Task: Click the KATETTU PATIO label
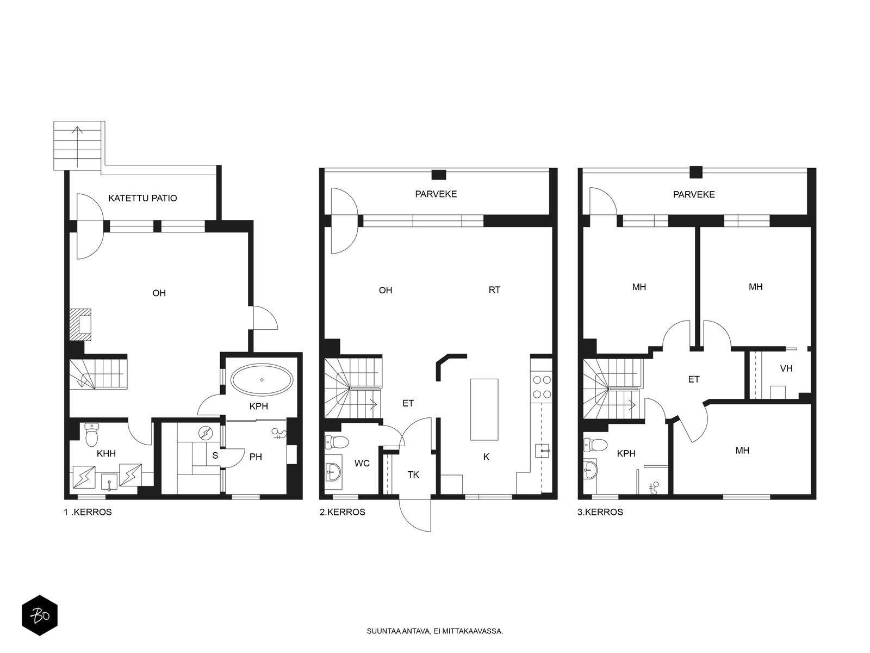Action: (x=142, y=198)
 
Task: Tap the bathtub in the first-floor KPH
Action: (x=262, y=380)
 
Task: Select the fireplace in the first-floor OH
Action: (x=80, y=325)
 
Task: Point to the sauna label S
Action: (x=215, y=455)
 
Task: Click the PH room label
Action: (x=256, y=457)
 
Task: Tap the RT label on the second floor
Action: (x=494, y=290)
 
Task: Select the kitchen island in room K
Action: (x=484, y=410)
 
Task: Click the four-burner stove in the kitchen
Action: (x=542, y=387)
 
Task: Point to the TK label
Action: (x=413, y=475)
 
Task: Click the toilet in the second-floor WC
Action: (x=337, y=441)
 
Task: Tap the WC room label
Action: (x=362, y=464)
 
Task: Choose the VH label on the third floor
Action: (x=786, y=368)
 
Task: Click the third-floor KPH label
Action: (x=626, y=453)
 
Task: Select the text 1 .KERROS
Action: (x=88, y=512)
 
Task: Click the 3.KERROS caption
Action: (x=600, y=512)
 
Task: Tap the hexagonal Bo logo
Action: (x=40, y=615)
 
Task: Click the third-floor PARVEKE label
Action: (x=694, y=194)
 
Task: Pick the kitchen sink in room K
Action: (x=542, y=451)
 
